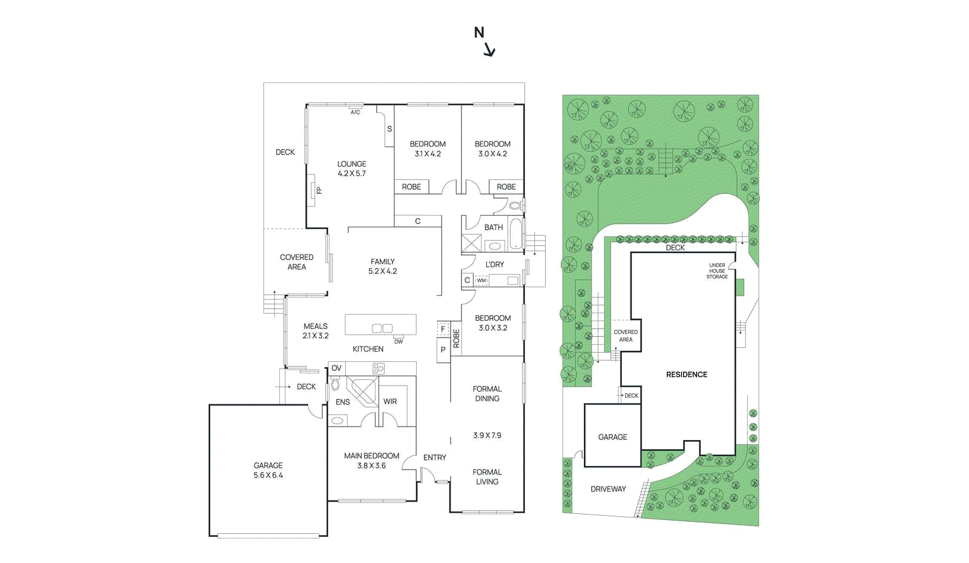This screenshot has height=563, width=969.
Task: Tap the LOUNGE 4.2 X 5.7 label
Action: coord(352,168)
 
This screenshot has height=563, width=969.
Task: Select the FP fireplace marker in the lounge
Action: coord(318,190)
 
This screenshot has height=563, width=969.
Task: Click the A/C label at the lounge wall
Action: coord(355,112)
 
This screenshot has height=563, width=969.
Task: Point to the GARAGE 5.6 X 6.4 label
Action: coord(268,470)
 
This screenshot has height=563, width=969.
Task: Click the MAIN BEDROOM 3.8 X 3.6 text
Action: coord(371,461)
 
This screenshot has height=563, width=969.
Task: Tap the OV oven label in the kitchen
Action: coord(336,368)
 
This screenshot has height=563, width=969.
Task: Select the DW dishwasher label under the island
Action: coord(399,342)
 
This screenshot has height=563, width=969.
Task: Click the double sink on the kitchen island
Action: coord(382,328)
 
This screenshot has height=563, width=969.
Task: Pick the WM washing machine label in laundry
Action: coord(481,281)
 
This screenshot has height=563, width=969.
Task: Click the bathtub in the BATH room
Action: coord(515,234)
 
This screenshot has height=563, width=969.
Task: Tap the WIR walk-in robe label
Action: coord(390,401)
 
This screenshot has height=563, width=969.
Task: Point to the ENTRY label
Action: coord(434,458)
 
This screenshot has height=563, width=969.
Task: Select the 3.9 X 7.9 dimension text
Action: coord(487,435)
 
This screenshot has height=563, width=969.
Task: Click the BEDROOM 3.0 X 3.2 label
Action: coord(492,322)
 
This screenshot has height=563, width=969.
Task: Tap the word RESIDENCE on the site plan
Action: coord(686,375)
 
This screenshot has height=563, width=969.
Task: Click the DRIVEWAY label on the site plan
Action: coord(608,489)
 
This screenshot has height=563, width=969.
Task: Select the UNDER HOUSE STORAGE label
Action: coord(717,271)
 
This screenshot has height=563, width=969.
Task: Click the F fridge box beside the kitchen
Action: coord(443,329)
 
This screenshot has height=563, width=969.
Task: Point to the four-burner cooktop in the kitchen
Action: coord(379,368)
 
